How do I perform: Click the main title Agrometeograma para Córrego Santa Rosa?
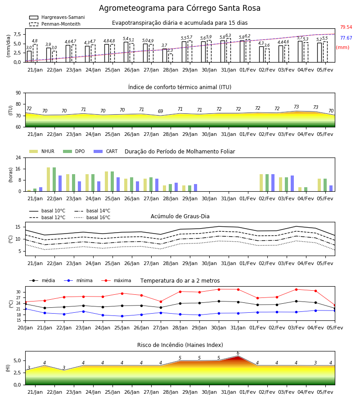click(x=180, y=8)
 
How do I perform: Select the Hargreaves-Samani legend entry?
click(x=57, y=17)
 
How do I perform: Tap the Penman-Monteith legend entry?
click(x=55, y=24)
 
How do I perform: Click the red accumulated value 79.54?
click(x=346, y=27)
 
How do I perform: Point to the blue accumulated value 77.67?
click(x=346, y=38)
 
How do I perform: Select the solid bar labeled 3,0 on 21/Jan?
click(x=29, y=57)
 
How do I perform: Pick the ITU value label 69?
click(x=160, y=111)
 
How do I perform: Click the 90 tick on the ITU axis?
click(x=18, y=93)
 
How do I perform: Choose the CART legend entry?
click(x=105, y=151)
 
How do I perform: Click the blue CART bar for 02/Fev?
click(x=273, y=183)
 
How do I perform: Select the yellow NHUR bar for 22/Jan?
click(x=48, y=180)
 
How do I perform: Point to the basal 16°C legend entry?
click(x=92, y=217)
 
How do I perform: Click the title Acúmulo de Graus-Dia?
click(x=180, y=216)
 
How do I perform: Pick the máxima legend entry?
click(x=116, y=280)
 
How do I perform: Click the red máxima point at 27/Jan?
click(x=161, y=301)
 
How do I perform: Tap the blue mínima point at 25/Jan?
click(x=122, y=316)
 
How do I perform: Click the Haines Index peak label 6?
click(x=238, y=353)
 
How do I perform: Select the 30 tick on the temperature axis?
click(x=18, y=292)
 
